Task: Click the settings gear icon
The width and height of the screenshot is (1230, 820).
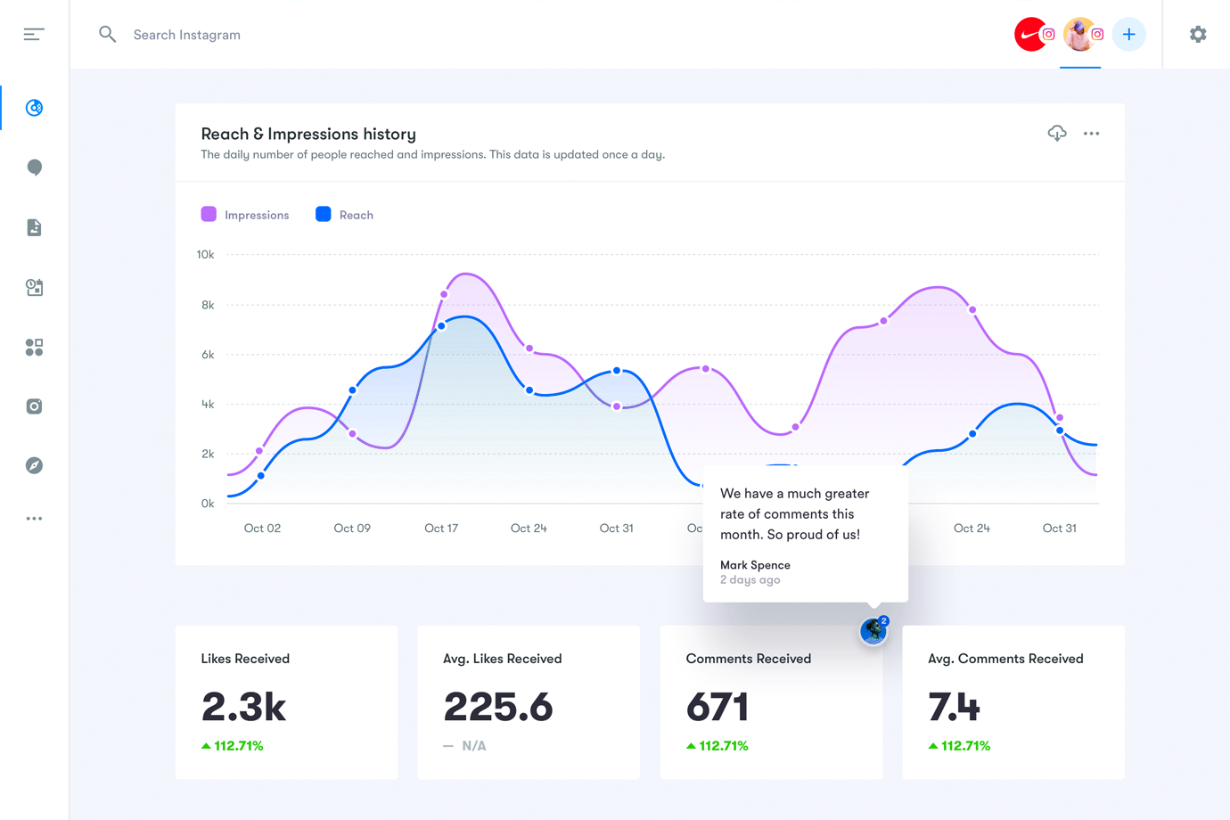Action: click(1198, 35)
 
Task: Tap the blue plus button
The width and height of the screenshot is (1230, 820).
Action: click(1128, 35)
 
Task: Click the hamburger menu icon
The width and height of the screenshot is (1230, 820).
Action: click(34, 35)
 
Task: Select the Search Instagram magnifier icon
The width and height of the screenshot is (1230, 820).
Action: click(108, 35)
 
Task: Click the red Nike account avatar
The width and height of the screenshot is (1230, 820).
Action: click(1030, 35)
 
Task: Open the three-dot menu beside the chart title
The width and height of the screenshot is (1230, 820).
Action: click(1091, 134)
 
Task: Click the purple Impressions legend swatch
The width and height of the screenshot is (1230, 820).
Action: click(209, 214)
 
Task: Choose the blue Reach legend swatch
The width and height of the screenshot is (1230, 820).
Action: click(324, 214)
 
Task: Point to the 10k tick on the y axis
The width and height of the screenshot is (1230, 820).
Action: click(205, 255)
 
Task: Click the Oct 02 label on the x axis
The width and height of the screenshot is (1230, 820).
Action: click(262, 529)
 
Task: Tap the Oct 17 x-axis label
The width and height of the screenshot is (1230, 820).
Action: click(441, 529)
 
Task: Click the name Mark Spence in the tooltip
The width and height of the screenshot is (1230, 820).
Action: click(755, 565)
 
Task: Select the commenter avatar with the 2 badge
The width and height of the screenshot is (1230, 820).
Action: click(873, 631)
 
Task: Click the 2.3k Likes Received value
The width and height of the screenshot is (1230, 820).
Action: click(243, 707)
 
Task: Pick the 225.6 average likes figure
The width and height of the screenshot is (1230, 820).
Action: click(498, 707)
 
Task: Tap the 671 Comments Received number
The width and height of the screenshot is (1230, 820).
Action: click(717, 707)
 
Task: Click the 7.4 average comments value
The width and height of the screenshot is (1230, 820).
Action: click(954, 707)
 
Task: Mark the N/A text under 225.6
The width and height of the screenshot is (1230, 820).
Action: click(474, 746)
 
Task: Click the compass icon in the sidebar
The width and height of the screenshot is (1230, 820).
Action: click(34, 465)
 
